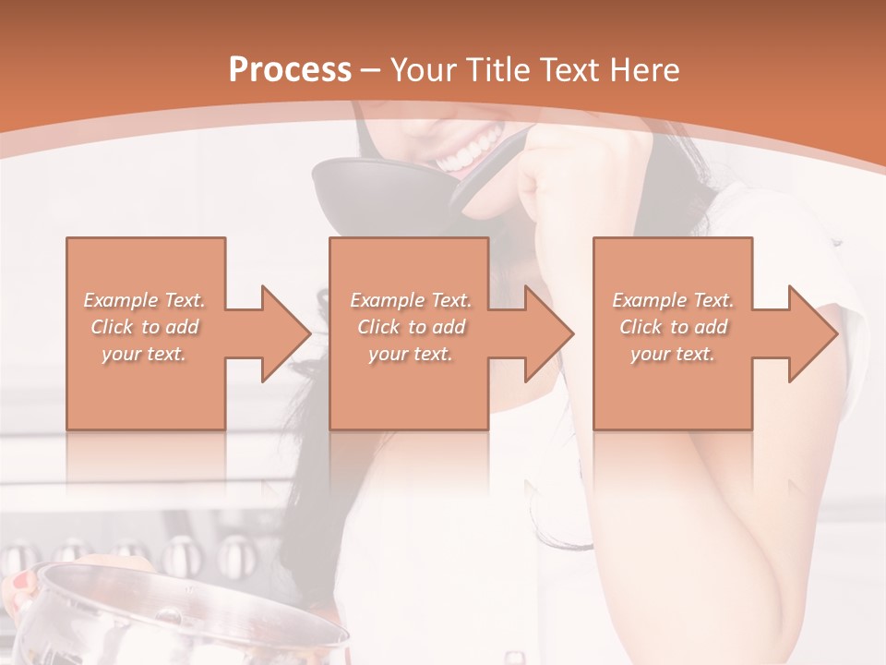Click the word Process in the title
pyautogui.click(x=290, y=69)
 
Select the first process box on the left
pyautogui.click(x=146, y=277)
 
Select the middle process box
pyautogui.click(x=409, y=277)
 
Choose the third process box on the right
pyautogui.click(x=672, y=277)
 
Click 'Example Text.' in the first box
pyautogui.click(x=144, y=300)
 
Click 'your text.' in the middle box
pyautogui.click(x=411, y=354)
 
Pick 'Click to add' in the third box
pyautogui.click(x=674, y=327)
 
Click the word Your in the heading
pyautogui.click(x=424, y=69)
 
